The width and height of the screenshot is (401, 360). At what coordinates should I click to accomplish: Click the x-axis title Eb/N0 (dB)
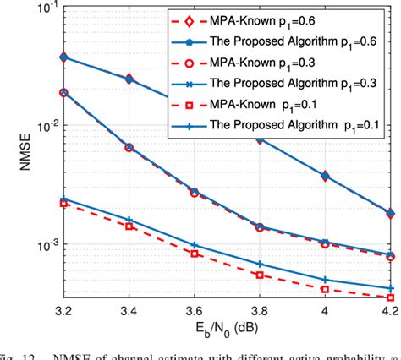225,332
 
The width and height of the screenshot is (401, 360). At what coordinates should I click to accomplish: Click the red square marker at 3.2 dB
63,204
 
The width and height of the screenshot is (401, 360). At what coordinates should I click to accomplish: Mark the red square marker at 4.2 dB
389,297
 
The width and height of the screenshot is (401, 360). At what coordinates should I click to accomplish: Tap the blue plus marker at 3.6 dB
194,245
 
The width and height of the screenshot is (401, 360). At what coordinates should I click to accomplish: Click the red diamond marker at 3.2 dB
63,57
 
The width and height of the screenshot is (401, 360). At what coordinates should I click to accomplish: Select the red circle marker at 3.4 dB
129,147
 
